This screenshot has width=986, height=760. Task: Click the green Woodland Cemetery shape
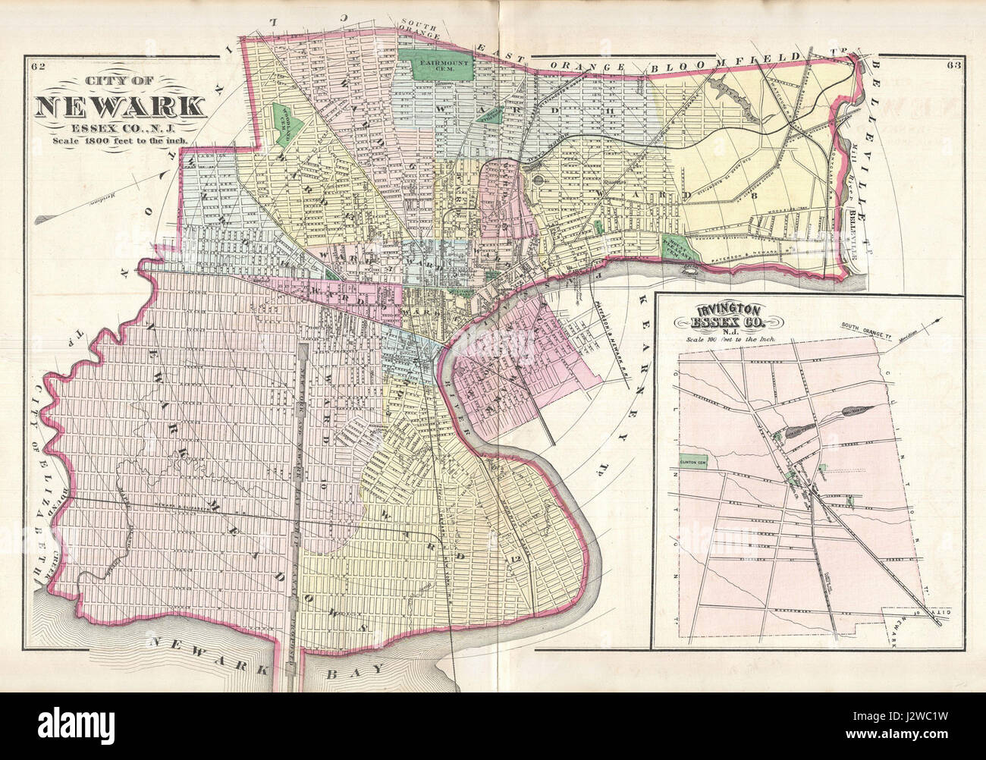[287, 122]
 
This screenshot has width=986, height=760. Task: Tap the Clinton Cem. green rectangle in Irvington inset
[695, 458]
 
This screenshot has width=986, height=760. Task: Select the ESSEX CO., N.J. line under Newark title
[118, 125]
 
